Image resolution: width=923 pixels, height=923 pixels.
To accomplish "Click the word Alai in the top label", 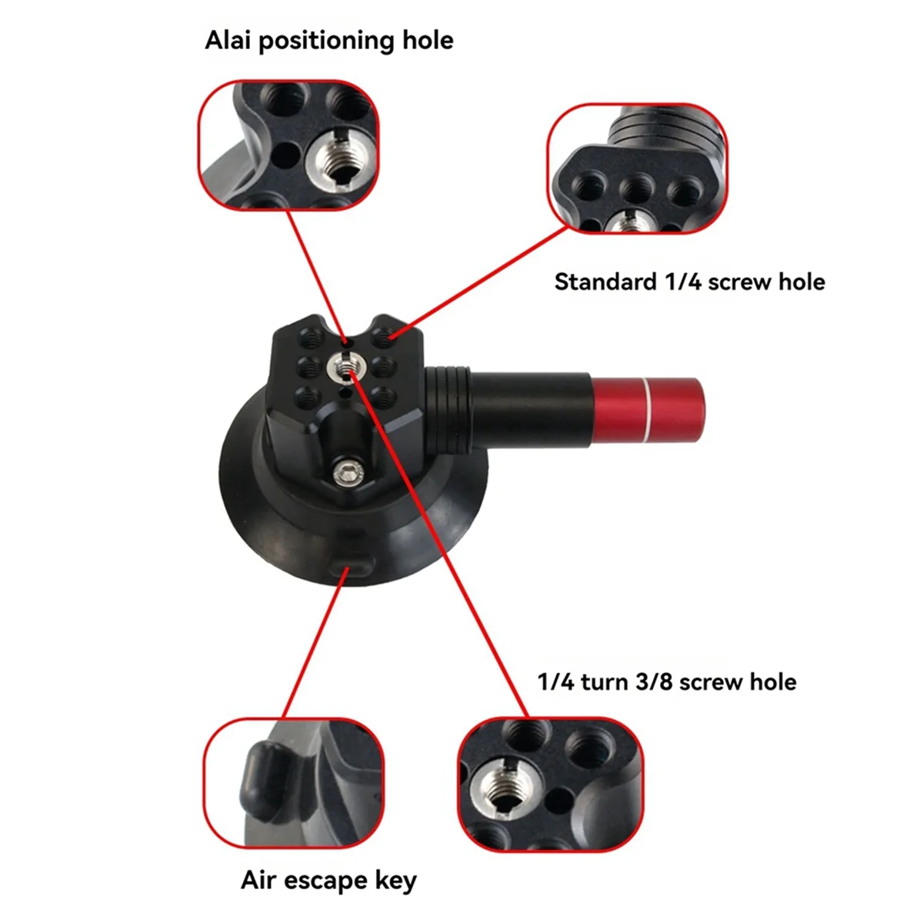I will [228, 40].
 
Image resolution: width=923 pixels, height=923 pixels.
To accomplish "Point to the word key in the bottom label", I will [395, 881].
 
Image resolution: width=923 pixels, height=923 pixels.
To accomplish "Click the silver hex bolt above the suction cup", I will [348, 472].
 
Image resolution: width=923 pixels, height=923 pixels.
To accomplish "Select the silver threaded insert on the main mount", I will [344, 368].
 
